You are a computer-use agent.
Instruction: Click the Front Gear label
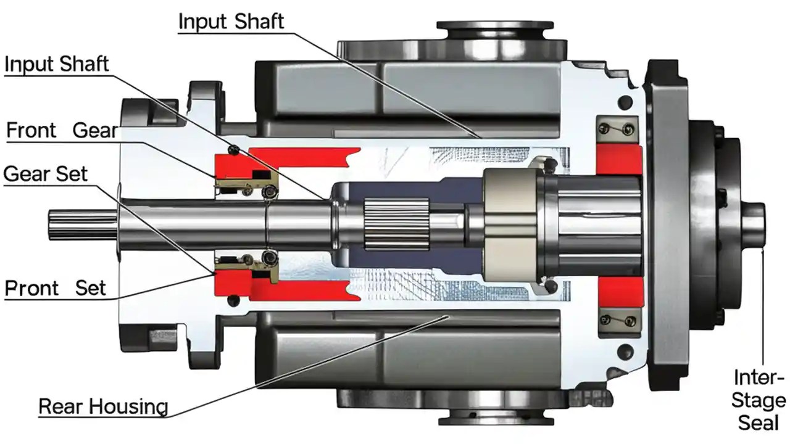(x=61, y=131)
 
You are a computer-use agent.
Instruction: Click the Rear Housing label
(x=103, y=407)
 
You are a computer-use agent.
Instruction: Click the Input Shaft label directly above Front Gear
(x=57, y=64)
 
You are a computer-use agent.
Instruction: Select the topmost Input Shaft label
(x=231, y=22)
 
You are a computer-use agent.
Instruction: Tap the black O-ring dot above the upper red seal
(x=234, y=149)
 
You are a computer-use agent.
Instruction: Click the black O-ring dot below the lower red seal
(x=233, y=300)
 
